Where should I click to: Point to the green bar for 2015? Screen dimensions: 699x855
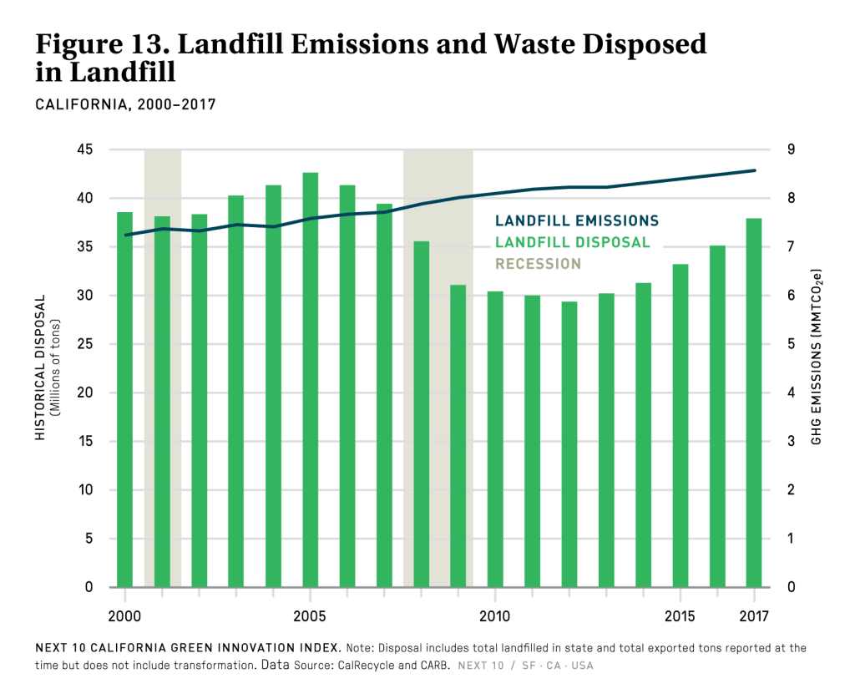(x=680, y=426)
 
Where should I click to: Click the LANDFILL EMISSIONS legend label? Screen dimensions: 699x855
(x=576, y=221)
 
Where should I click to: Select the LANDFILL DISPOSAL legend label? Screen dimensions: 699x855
(x=572, y=243)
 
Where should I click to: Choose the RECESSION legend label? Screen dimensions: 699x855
(x=538, y=264)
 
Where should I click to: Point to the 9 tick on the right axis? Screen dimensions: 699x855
(x=789, y=150)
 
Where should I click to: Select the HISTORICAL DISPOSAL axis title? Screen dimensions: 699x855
(x=39, y=367)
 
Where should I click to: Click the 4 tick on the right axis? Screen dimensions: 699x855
(x=789, y=393)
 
